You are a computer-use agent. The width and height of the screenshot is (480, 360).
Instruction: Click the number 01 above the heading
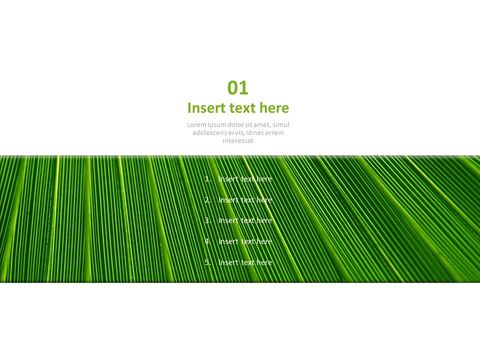[x=238, y=88]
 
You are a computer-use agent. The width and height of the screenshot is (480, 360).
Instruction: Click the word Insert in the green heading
[x=207, y=108]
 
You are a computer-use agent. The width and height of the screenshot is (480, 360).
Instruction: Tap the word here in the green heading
[x=273, y=108]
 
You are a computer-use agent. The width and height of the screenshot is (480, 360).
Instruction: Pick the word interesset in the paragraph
[x=238, y=140]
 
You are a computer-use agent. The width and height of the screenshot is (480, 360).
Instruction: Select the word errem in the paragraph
[x=274, y=132]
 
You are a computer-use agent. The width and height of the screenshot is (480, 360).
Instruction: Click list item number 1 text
[x=245, y=179]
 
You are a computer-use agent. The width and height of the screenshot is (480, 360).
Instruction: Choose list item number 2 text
[x=245, y=200]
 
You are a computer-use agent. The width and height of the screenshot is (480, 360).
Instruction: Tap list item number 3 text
[x=245, y=220]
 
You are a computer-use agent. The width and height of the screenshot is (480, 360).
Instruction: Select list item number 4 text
[x=245, y=241]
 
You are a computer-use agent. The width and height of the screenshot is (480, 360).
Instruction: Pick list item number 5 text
[x=245, y=262]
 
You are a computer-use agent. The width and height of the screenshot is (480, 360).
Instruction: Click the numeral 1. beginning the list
[x=207, y=179]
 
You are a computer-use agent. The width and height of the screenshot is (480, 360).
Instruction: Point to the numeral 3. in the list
[x=207, y=220]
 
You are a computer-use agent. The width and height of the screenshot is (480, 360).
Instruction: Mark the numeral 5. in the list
[x=207, y=262]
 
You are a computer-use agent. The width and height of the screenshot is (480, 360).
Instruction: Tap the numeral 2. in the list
[x=207, y=200]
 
